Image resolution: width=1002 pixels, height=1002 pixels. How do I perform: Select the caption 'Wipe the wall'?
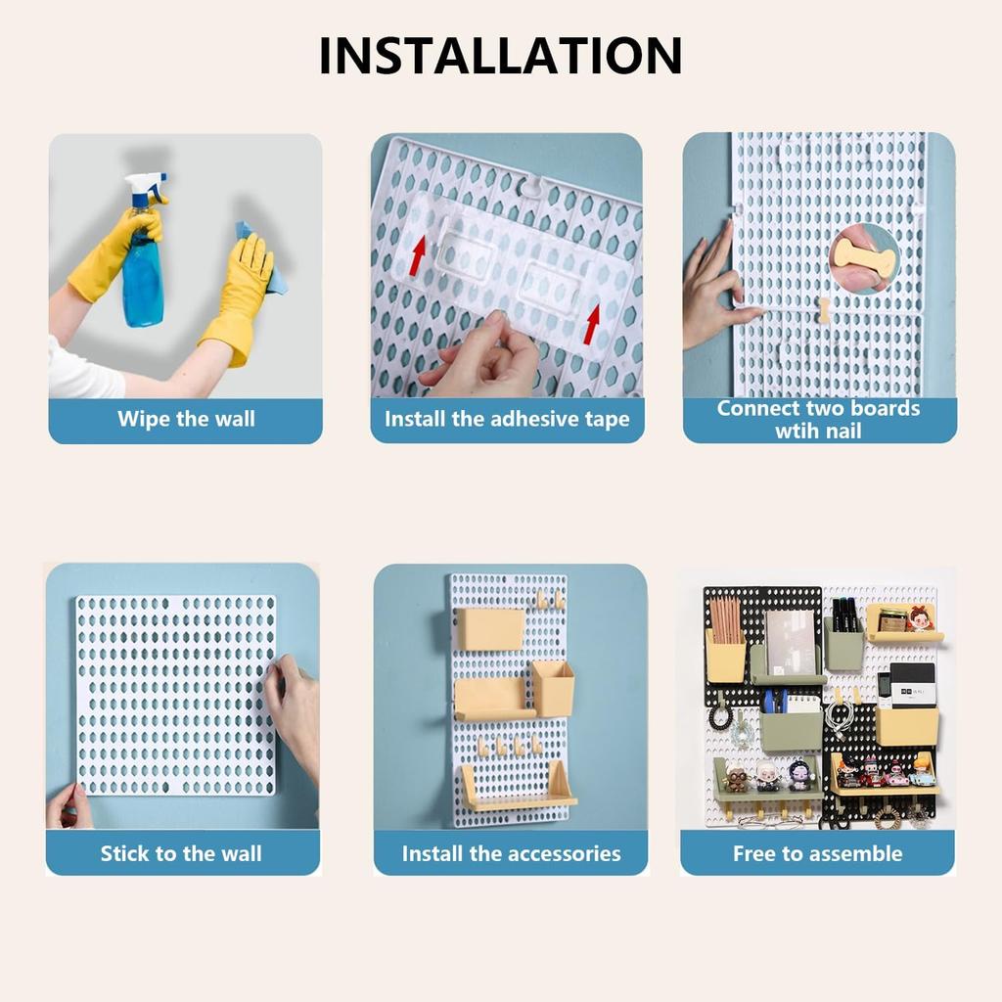point(186,420)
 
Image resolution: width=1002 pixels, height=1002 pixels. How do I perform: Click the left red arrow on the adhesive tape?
point(418,256)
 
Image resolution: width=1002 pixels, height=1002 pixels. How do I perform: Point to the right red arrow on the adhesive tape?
point(592,324)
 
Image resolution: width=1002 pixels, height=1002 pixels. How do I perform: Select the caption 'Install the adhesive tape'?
point(507,420)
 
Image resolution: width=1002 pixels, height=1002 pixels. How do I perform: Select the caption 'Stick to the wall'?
point(181,853)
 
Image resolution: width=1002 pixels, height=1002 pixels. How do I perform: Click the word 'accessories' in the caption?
point(569,853)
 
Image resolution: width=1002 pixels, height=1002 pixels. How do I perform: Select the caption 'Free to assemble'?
point(817,853)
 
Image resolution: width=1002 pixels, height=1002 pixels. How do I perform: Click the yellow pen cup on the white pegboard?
point(553,688)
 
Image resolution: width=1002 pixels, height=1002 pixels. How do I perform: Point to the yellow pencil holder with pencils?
point(725,654)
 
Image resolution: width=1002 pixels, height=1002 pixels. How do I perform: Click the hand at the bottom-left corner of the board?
point(68,806)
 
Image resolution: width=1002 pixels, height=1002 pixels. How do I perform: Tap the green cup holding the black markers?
point(843,642)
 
